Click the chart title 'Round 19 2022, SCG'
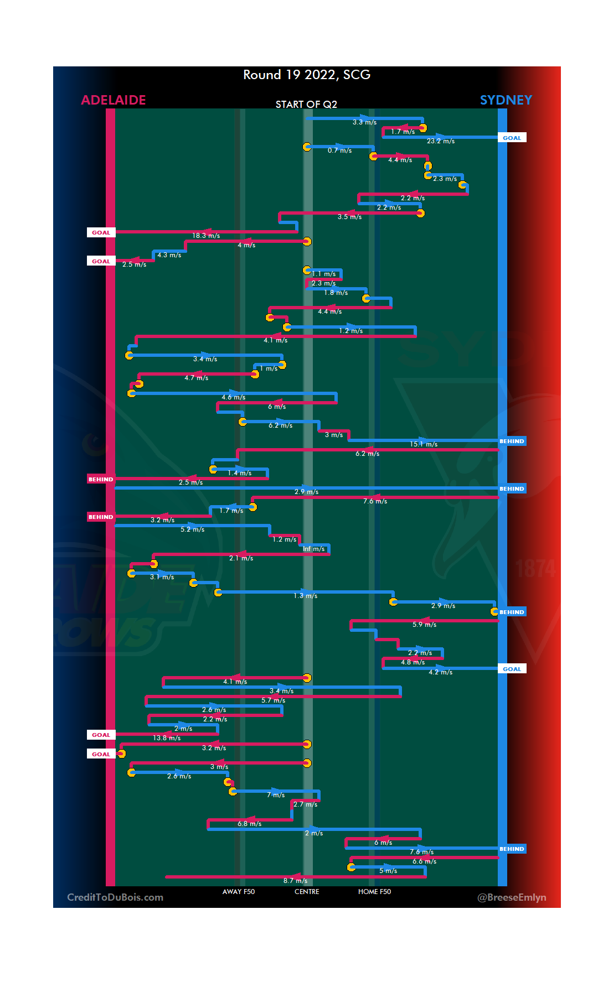307,75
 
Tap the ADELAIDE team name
114,100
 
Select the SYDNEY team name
506,100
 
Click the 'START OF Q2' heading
306,105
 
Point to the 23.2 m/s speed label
441,141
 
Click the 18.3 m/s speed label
206,236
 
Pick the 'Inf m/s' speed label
313,549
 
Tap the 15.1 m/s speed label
424,444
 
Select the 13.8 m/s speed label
167,738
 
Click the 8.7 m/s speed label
295,881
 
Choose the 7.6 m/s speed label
375,501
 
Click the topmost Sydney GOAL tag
512,138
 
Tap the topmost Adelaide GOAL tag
101,232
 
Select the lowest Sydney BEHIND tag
512,849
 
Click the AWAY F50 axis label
239,892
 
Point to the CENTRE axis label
307,892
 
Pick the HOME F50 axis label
374,892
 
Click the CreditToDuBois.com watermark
115,897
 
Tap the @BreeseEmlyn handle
512,897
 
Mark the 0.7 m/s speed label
339,150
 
